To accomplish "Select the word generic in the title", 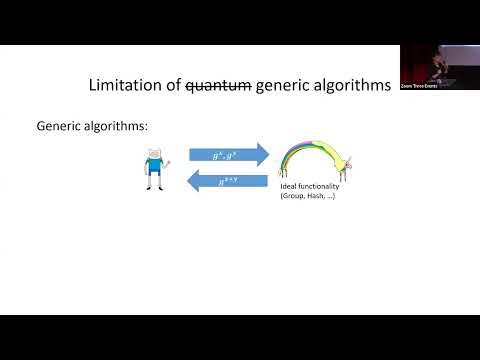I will point(288,87).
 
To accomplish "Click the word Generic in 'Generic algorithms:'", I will point(60,127).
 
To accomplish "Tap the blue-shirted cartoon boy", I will point(155,169).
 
